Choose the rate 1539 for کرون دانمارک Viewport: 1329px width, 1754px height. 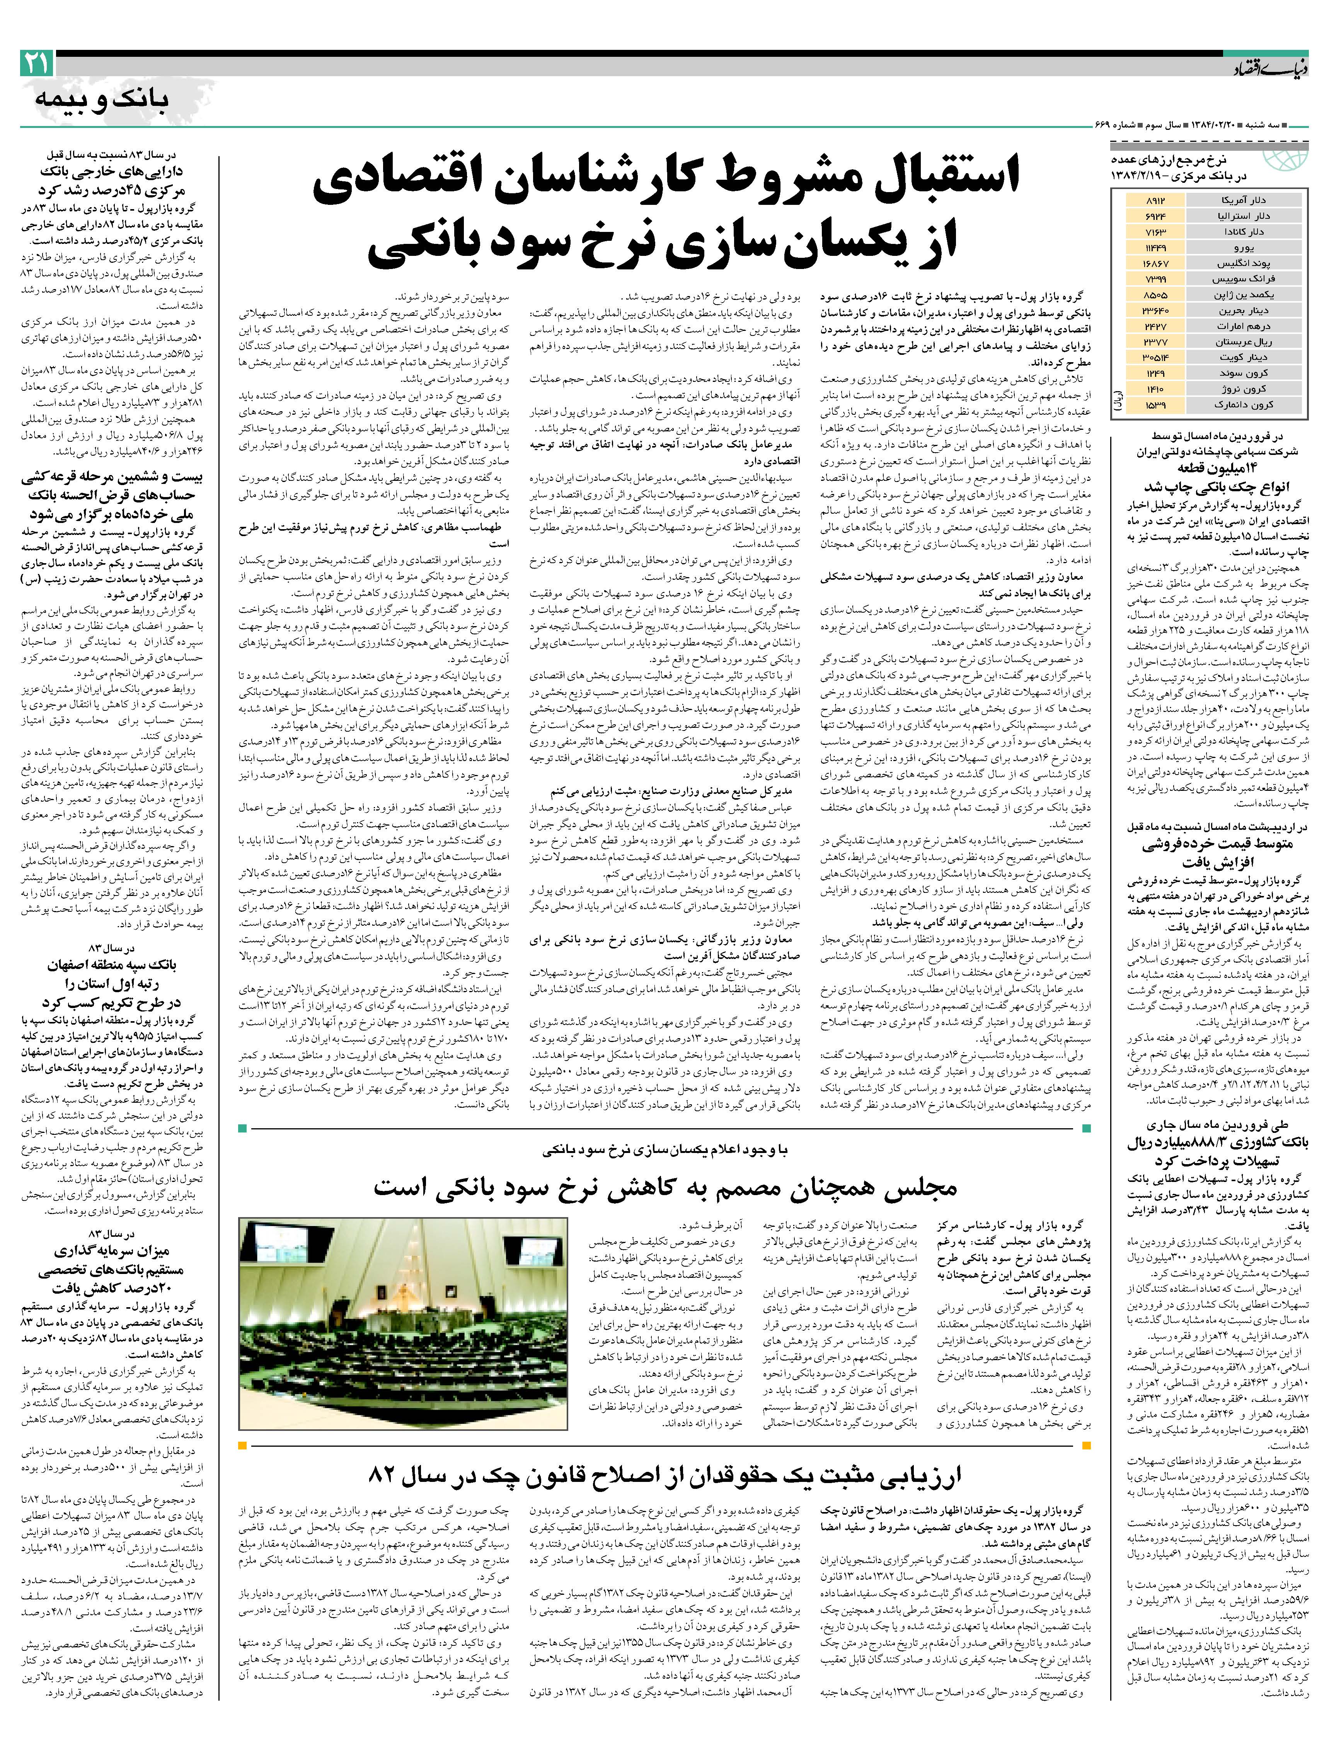[1153, 404]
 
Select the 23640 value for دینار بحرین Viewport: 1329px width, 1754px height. [1153, 310]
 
